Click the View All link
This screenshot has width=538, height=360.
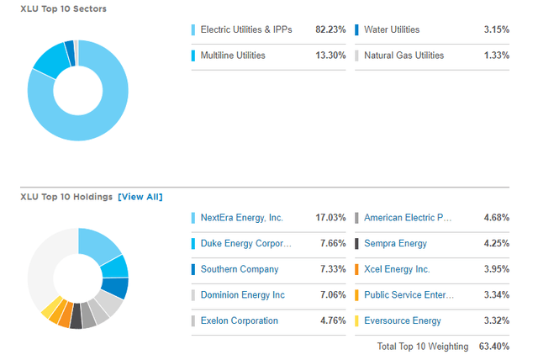point(140,197)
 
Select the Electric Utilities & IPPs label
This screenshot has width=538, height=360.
point(245,30)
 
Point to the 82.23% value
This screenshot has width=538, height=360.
point(330,30)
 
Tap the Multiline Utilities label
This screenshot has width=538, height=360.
point(233,56)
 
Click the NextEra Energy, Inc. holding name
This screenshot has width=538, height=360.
point(242,218)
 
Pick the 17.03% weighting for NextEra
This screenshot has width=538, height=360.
point(330,218)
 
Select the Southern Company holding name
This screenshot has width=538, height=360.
point(240,269)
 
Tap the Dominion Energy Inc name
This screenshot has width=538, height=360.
point(243,295)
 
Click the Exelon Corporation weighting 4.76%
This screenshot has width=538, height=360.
point(333,320)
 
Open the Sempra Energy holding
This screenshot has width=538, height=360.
point(395,244)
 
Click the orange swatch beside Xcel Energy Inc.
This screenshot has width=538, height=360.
point(357,269)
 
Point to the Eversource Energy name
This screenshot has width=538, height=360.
point(403,320)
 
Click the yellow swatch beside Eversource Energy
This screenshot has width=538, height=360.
point(357,320)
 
